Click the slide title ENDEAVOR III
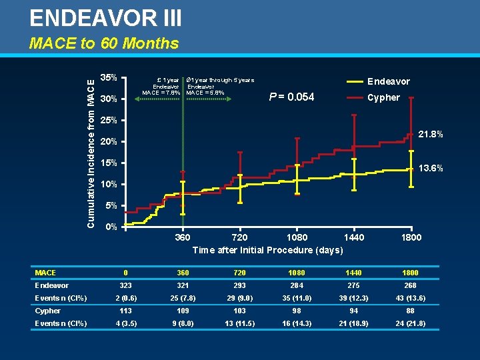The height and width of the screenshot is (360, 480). tap(105, 17)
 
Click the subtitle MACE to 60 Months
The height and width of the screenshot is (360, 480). tap(104, 44)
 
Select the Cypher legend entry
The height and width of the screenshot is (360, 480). tap(384, 97)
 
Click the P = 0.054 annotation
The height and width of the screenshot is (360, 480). tap(291, 97)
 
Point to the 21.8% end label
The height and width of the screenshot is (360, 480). tap(430, 135)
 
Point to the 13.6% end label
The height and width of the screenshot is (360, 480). tap(430, 168)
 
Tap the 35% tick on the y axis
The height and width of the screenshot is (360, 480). tap(109, 77)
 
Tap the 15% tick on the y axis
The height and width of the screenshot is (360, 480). tap(109, 163)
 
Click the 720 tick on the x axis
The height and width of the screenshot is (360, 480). tap(239, 238)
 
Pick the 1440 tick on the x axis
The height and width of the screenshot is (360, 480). tap(354, 238)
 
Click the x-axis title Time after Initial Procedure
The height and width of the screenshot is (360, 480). tap(267, 250)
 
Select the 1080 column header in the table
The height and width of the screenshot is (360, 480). tap(297, 273)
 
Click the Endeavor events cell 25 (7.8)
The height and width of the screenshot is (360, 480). tap(182, 298)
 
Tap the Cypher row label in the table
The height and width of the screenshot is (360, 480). tap(48, 311)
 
